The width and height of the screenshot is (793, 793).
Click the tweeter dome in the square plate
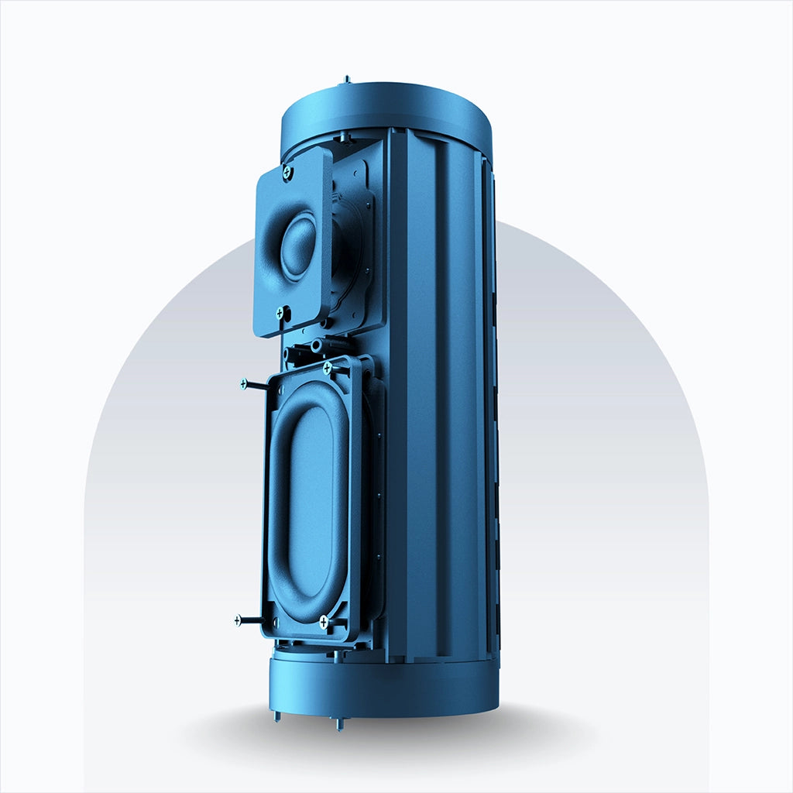[299, 246]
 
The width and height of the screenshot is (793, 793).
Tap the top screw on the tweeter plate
[287, 170]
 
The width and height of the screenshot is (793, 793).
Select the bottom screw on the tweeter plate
[280, 313]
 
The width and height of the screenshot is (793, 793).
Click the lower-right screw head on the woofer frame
[323, 621]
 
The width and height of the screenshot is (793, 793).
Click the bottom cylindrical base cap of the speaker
[383, 685]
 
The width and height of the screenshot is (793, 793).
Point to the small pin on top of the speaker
[346, 79]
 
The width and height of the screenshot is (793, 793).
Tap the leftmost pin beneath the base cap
[277, 716]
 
